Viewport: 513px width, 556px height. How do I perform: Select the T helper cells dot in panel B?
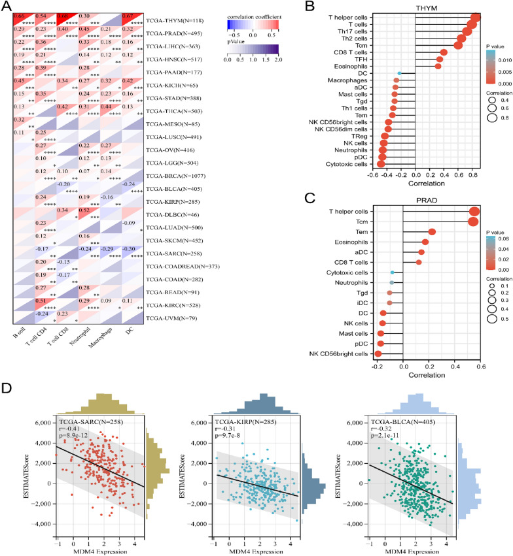(x=476, y=16)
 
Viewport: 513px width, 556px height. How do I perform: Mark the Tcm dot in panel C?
(x=474, y=221)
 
